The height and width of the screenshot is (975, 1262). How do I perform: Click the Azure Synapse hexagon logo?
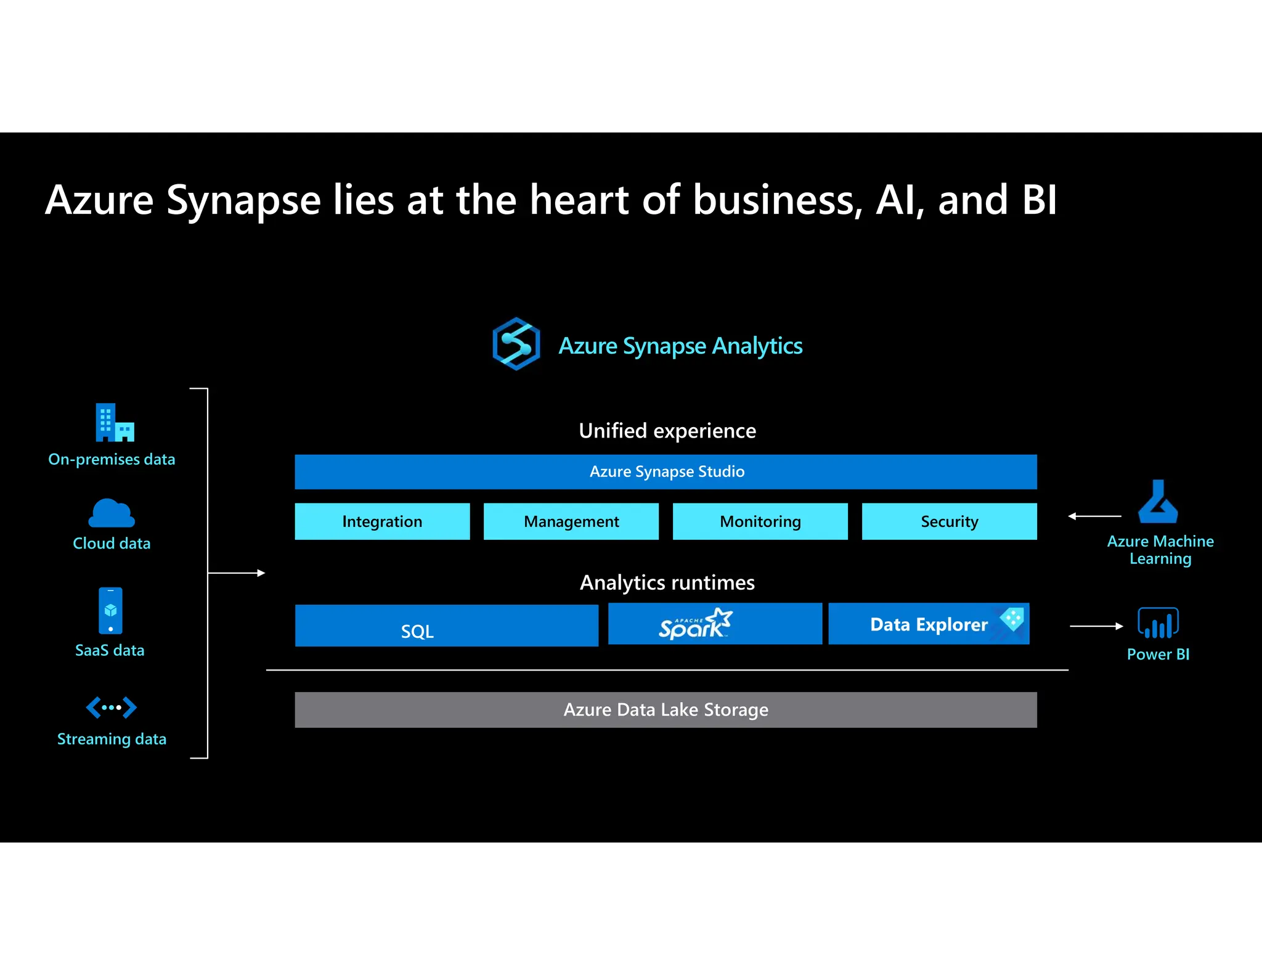click(516, 344)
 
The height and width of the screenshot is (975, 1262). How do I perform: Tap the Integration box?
click(382, 521)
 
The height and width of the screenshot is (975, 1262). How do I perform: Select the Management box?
click(571, 521)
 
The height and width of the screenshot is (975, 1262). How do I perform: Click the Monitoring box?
click(760, 521)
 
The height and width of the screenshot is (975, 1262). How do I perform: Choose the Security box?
click(949, 521)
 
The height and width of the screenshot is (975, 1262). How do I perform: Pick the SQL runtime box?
click(446, 626)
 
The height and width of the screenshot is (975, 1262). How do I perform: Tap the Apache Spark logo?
click(695, 624)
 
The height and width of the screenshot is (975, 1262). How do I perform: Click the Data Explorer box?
click(928, 624)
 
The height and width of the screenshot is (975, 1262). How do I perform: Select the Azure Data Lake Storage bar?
click(666, 710)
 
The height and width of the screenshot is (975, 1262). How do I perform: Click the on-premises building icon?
click(115, 423)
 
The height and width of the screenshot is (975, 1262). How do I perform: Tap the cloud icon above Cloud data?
click(112, 513)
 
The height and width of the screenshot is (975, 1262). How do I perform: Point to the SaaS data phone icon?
click(110, 611)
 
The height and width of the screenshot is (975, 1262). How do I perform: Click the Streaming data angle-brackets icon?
click(112, 708)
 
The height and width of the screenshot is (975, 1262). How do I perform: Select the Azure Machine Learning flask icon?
click(1158, 502)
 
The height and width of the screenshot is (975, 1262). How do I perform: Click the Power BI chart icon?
click(1158, 623)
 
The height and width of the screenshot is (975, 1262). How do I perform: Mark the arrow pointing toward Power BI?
click(1096, 626)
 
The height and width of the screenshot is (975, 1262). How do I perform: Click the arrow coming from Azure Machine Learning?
click(1094, 516)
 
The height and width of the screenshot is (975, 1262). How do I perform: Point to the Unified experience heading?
click(667, 431)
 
